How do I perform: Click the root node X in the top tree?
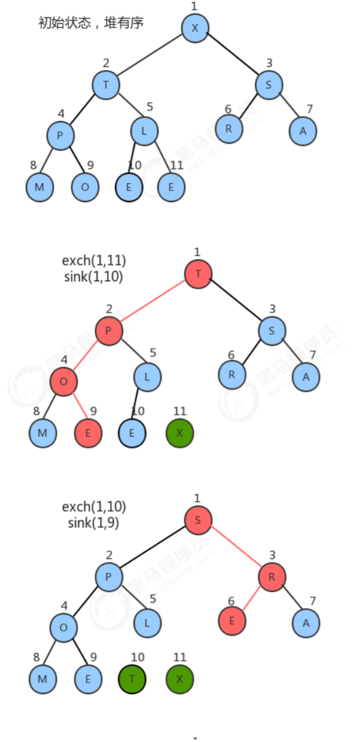click(195, 28)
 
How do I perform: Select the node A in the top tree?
click(303, 131)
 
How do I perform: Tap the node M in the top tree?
click(40, 187)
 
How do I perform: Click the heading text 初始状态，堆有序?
click(91, 23)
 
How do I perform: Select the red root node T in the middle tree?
click(198, 275)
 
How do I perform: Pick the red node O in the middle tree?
click(64, 381)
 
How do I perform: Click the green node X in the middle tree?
click(179, 433)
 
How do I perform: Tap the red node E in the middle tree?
click(88, 433)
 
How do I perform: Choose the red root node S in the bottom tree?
click(198, 520)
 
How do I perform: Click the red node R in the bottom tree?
click(272, 577)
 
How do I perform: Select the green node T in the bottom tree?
click(132, 679)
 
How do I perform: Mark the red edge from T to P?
click(153, 301)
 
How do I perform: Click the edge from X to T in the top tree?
click(150, 55)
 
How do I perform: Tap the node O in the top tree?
click(85, 187)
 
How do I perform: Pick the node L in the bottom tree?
click(147, 623)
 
